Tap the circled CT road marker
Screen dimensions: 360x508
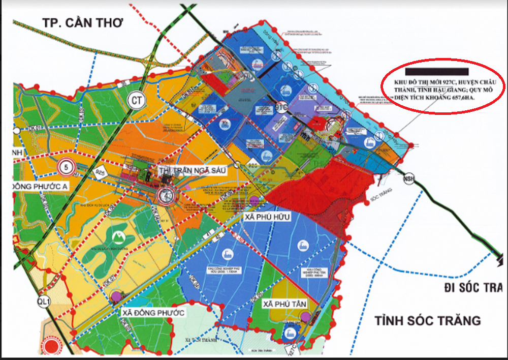[136, 100]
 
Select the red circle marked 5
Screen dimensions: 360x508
[66, 166]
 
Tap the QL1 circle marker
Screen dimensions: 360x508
[45, 302]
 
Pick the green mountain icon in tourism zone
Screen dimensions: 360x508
[117, 236]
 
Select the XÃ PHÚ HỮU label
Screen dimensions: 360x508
[267, 217]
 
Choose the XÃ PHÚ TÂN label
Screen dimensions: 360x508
[283, 303]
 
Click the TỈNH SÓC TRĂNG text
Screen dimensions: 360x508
[428, 321]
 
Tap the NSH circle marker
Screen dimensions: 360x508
[408, 179]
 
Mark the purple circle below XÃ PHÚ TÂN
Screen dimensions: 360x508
[305, 317]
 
